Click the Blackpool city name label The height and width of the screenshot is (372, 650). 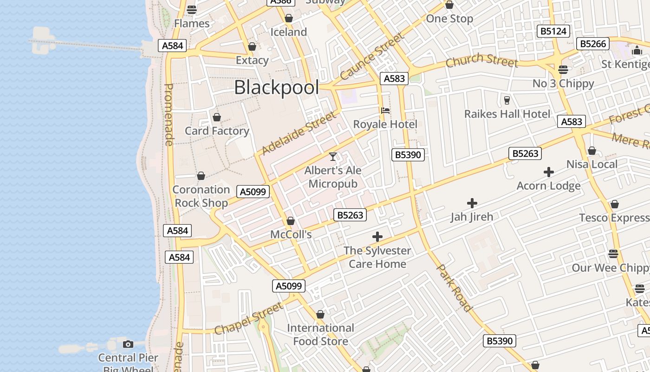coord(277,87)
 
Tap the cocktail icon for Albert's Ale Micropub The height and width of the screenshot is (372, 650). coord(333,157)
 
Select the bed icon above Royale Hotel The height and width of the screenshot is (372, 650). coord(385,111)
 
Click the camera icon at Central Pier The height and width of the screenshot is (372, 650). coord(128,344)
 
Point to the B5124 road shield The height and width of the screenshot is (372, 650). coord(553,31)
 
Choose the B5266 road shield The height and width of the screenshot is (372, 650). coord(593,44)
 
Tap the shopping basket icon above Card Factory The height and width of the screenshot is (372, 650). coord(217,117)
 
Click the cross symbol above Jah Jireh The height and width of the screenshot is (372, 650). coord(472,203)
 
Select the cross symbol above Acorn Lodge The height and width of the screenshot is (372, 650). coord(549,173)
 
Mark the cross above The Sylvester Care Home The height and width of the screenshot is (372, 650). coord(377,237)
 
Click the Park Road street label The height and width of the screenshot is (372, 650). coord(455,288)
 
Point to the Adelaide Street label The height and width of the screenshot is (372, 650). coord(298,133)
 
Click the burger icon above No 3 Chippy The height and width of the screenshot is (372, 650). coord(563,70)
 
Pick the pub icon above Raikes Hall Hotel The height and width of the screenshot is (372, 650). coord(507,100)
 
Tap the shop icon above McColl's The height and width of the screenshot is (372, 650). coord(291,221)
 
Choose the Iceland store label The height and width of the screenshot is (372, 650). coord(289,32)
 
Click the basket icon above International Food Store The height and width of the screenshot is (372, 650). coord(320,315)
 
